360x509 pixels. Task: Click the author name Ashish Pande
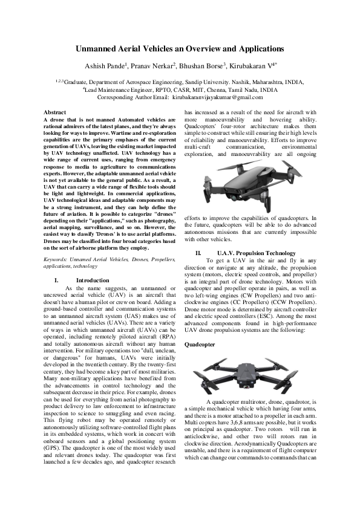coord(106,65)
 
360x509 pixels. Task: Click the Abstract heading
coord(55,112)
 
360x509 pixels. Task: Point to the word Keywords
coord(56,259)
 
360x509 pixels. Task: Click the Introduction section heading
coord(93,280)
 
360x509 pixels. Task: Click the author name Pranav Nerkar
coord(154,65)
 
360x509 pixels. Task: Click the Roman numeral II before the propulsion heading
coord(198,253)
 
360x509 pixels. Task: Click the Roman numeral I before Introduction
coord(56,280)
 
